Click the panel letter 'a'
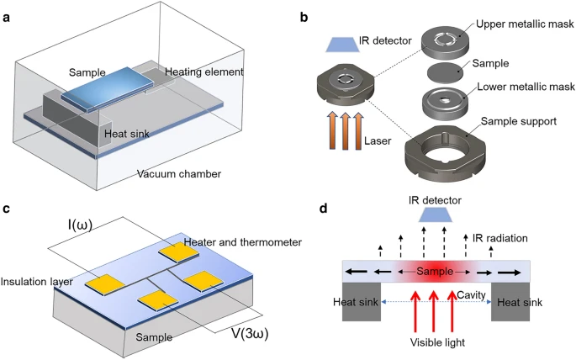click(6, 18)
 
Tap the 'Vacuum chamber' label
click(179, 173)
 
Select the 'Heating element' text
click(203, 71)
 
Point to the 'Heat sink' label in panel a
click(127, 134)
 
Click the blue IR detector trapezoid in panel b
click(343, 45)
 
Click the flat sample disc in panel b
click(445, 71)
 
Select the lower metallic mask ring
click(445, 104)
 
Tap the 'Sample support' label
click(519, 121)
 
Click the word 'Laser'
click(378, 141)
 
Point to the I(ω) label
click(79, 225)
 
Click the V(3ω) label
click(250, 334)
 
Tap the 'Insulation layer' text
click(36, 282)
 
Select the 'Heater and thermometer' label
click(243, 242)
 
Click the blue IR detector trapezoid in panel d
click(435, 214)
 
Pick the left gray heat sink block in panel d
click(362, 302)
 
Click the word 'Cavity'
click(472, 294)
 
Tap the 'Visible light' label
click(437, 342)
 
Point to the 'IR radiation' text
click(500, 238)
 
